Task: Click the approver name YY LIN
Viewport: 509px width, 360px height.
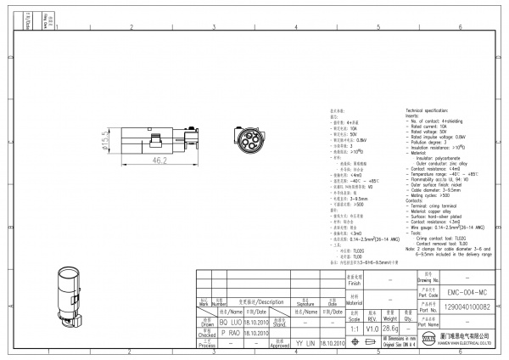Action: (305, 344)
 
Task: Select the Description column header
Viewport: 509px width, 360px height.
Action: (262, 301)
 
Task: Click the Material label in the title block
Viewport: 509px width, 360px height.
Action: (355, 299)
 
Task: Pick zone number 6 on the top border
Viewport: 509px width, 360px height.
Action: (456, 27)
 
